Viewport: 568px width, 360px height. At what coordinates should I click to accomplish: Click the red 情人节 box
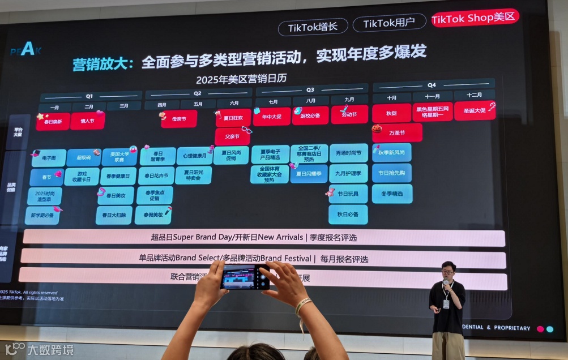tap(87, 121)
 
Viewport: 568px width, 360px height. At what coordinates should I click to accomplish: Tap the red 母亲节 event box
tap(179, 119)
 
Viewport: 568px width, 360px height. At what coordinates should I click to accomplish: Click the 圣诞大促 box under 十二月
tap(475, 110)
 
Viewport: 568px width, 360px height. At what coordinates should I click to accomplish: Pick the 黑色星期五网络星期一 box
tap(433, 112)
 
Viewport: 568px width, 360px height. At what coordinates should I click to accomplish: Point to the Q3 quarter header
tap(310, 89)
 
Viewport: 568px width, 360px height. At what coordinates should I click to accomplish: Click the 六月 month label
tap(234, 104)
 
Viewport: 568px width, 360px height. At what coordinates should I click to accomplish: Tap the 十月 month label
tap(391, 97)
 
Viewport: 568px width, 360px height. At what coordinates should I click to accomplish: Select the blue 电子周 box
tap(49, 158)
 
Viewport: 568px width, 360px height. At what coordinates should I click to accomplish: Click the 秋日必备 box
tap(348, 215)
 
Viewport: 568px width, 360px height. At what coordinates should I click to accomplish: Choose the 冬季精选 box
tap(392, 194)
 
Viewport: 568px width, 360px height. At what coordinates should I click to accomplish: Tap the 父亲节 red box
tap(232, 136)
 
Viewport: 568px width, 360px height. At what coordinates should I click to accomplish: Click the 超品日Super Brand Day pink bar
tap(264, 238)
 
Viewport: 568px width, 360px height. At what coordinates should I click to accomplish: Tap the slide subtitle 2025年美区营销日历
tap(241, 79)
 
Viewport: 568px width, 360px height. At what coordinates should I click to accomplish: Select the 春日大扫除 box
tap(114, 215)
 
